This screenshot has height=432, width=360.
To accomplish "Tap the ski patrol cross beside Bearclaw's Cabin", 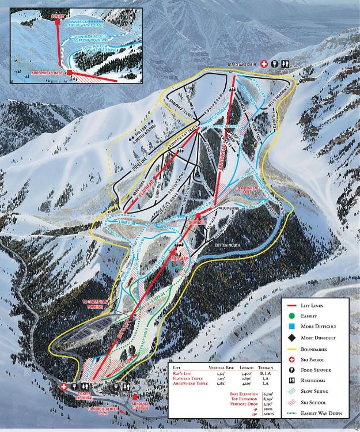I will point(263,65).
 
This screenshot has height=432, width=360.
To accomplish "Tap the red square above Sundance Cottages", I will point(135,396).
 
